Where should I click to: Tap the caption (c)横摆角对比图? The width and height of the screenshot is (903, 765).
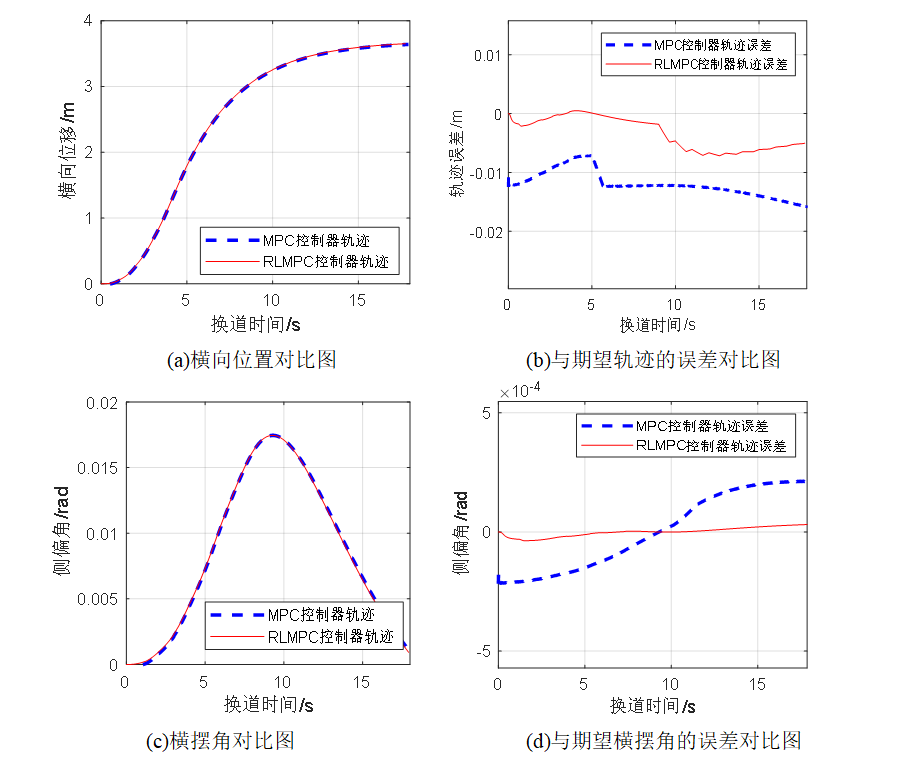220,741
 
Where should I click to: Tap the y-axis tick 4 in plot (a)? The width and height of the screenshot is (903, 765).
89,21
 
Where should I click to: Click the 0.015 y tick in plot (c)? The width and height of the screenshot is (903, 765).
100,468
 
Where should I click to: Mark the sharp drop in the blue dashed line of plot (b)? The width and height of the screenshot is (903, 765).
597,171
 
